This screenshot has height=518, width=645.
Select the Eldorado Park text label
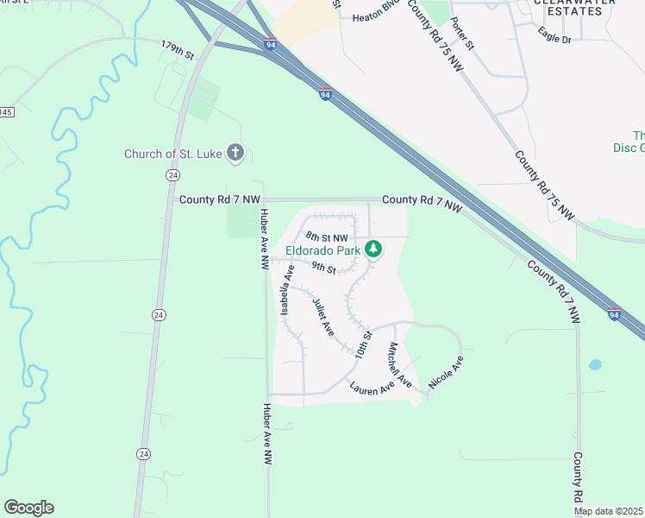coord(322,251)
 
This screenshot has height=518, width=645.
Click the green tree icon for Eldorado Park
coord(373,250)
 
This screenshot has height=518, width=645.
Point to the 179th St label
coord(178,49)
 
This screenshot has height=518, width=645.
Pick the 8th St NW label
coord(328,237)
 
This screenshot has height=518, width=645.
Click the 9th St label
coord(323,268)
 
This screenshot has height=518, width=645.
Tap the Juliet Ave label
coord(322,318)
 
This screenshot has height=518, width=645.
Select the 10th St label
coord(362,345)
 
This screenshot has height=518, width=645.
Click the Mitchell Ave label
coord(399,364)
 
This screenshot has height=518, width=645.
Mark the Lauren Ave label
coord(372,388)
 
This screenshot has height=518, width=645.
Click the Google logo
coord(28,508)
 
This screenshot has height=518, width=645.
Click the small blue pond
coord(594,365)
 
